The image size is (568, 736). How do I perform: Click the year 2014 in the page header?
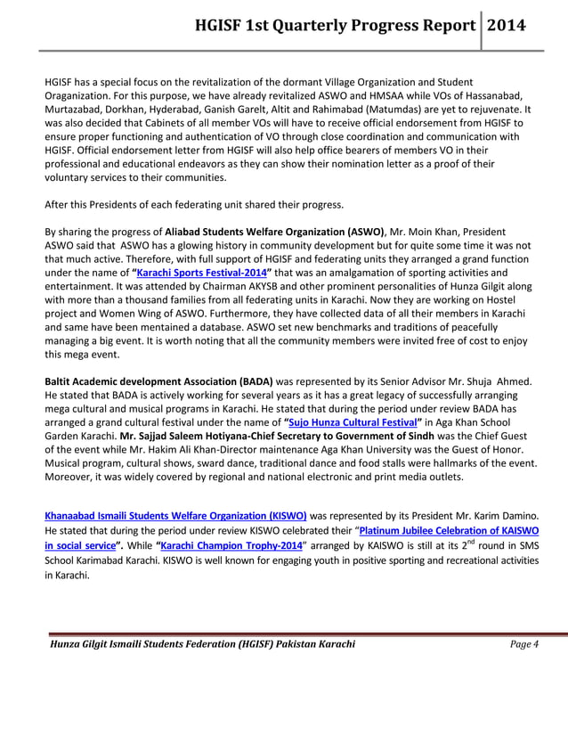coord(505,25)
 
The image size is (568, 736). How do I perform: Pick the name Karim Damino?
coord(504,515)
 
